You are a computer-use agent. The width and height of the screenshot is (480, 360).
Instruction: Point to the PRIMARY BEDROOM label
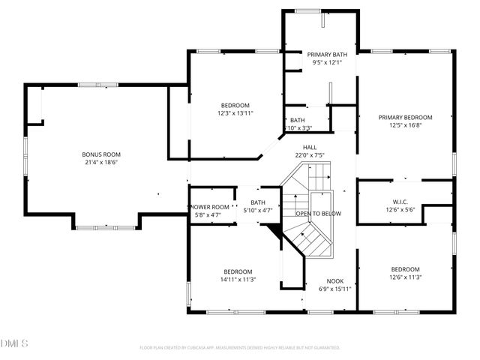pyautogui.click(x=405, y=117)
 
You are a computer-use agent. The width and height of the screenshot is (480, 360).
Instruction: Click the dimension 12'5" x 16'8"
pyautogui.click(x=405, y=125)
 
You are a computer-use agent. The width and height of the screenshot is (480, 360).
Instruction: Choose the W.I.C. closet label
pyautogui.click(x=400, y=201)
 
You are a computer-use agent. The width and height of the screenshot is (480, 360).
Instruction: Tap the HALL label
pyautogui.click(x=308, y=147)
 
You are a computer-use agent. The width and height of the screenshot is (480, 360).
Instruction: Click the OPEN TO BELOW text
pyautogui.click(x=318, y=214)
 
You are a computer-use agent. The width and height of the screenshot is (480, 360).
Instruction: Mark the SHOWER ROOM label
pyautogui.click(x=208, y=207)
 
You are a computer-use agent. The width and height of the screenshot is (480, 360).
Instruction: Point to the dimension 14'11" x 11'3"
pyautogui.click(x=238, y=280)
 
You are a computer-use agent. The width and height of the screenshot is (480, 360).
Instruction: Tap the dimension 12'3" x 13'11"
pyautogui.click(x=235, y=113)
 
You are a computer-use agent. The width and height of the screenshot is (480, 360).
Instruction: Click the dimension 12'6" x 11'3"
pyautogui.click(x=405, y=277)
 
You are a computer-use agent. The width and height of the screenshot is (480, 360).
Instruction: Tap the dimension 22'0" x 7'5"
pyautogui.click(x=308, y=155)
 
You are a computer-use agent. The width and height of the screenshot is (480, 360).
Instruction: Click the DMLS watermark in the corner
pyautogui.click(x=14, y=344)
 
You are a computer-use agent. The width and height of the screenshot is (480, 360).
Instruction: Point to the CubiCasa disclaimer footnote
pyautogui.click(x=240, y=348)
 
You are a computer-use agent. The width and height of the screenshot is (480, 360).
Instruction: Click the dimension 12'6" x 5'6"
pyautogui.click(x=400, y=209)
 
